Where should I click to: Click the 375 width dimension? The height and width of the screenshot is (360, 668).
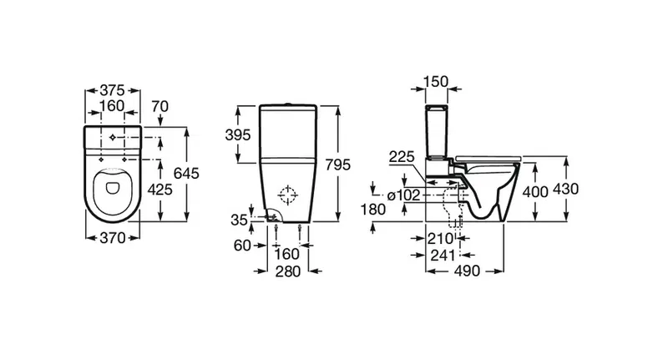click(113, 90)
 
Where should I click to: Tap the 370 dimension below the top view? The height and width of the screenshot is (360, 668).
click(113, 238)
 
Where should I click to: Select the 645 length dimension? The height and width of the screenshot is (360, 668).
click(186, 174)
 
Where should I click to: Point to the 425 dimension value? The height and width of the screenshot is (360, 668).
click(159, 189)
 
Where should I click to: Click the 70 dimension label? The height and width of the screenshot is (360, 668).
click(159, 106)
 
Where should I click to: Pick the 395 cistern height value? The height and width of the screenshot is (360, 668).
click(238, 135)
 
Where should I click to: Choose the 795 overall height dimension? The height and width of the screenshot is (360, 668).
click(337, 165)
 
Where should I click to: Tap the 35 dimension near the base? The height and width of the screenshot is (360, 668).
click(239, 220)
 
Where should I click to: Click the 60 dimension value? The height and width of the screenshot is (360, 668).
click(242, 246)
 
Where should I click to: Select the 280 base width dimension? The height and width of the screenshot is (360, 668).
click(288, 271)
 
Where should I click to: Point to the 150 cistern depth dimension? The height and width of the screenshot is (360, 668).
click(436, 81)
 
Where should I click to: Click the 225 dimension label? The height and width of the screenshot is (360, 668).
click(402, 157)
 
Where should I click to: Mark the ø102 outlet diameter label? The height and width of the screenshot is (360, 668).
click(403, 195)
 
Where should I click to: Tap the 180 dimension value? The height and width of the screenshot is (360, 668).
click(373, 209)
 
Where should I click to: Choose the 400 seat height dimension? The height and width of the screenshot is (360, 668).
click(535, 192)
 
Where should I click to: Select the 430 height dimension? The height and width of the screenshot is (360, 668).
click(566, 189)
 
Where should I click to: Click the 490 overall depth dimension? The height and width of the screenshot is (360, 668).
click(467, 271)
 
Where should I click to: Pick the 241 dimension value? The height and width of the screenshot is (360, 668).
click(443, 256)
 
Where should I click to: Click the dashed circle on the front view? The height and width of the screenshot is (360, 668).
click(287, 195)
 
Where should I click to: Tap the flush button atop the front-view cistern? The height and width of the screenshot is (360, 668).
click(288, 104)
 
